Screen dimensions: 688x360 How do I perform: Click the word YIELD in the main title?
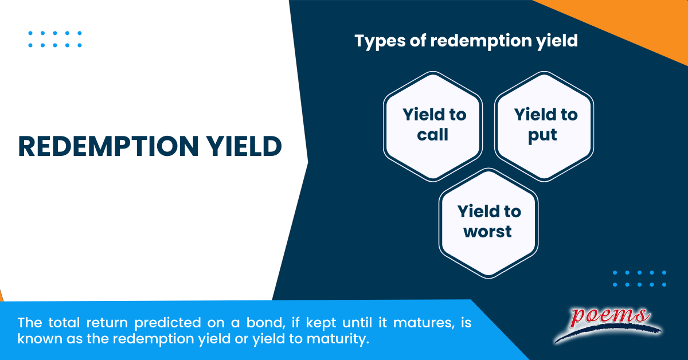[x=244, y=147]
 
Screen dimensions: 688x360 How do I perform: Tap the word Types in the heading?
[x=380, y=41]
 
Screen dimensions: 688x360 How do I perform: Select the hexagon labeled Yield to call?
[x=433, y=127]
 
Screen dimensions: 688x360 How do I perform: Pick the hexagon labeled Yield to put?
[x=544, y=127]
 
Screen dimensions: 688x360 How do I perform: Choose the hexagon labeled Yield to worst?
[x=488, y=224]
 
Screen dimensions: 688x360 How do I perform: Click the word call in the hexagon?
[x=432, y=135]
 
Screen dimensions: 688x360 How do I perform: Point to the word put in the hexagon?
[x=542, y=135]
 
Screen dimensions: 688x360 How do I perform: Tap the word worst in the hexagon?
[x=487, y=232]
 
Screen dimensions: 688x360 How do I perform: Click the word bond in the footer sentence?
[x=264, y=323]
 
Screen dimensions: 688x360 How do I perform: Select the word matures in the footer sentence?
[x=424, y=323]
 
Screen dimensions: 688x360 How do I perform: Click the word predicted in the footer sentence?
[x=167, y=323]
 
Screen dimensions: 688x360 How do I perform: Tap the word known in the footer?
[x=40, y=339]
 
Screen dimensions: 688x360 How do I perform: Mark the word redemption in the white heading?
[x=481, y=41]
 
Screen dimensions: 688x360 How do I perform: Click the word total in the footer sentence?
[x=64, y=323]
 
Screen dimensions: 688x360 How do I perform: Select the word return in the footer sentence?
[x=107, y=323]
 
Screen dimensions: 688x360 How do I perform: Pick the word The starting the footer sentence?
[x=29, y=323]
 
